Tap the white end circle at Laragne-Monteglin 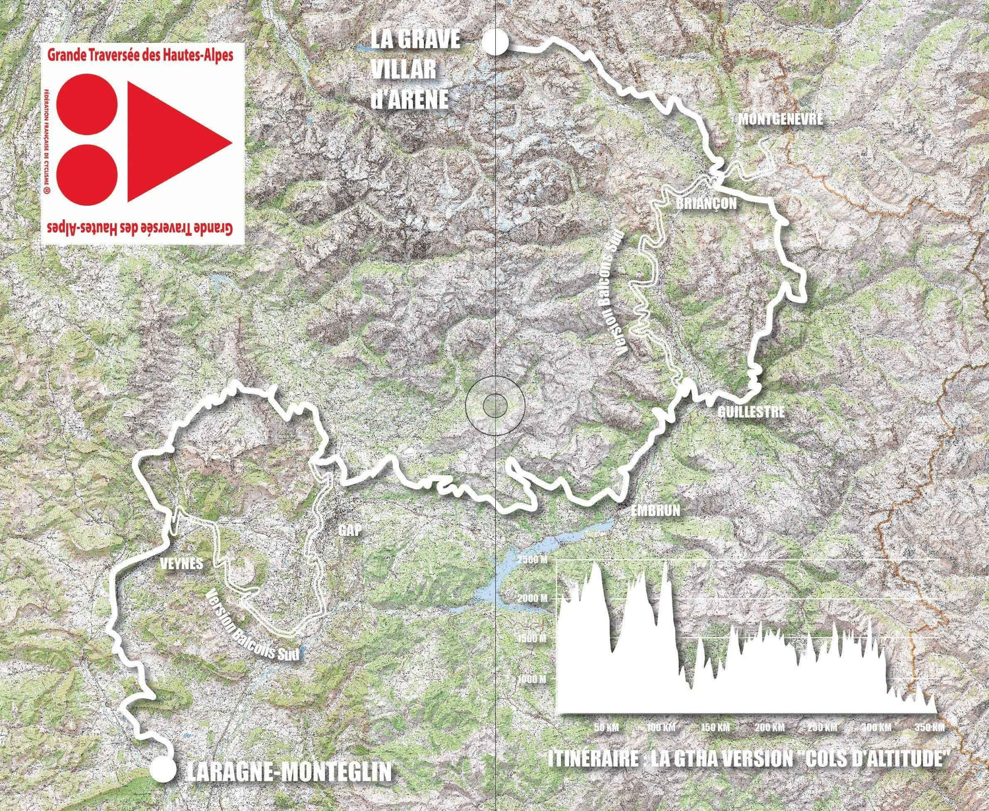click(x=163, y=769)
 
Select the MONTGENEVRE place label click(x=781, y=119)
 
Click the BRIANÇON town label click(x=705, y=203)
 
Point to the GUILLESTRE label click(x=752, y=411)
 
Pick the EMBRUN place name click(x=655, y=510)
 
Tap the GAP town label click(x=350, y=530)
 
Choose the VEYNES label click(x=182, y=564)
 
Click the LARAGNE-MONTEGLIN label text click(x=289, y=771)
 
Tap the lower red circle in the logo click(x=86, y=175)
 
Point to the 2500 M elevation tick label click(x=532, y=560)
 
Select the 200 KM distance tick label click(x=769, y=727)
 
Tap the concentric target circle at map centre click(x=494, y=404)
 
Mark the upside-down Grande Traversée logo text click(x=140, y=228)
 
